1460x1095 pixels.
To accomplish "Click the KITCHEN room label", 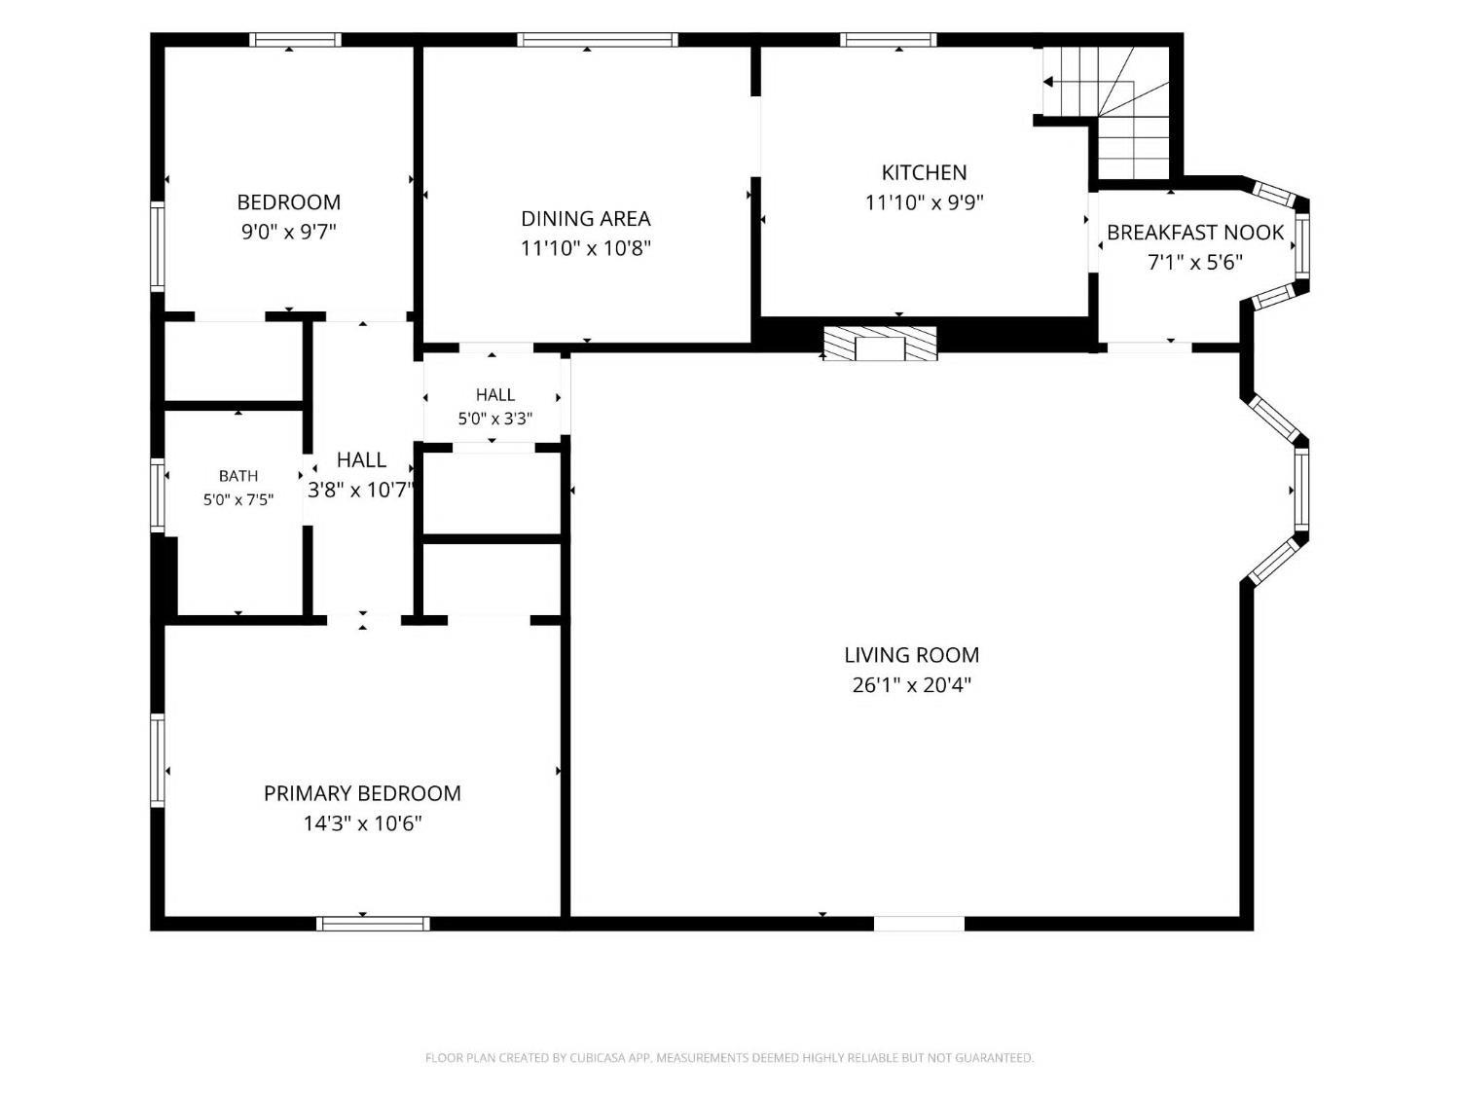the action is point(924,173).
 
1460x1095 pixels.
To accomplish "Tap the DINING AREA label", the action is point(585,219).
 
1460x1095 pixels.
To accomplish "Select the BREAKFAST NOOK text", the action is point(1194,233).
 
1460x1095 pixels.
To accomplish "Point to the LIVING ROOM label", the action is point(911,655).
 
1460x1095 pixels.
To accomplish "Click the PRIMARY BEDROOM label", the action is point(362,793).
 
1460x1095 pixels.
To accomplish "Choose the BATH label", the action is point(238,476).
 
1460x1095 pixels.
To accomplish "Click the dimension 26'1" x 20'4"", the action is point(911,685).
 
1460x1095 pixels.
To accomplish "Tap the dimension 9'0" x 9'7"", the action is point(289,232).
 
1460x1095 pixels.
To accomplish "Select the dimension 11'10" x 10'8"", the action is point(585,248).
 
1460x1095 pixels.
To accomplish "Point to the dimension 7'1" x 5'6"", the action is point(1194,263).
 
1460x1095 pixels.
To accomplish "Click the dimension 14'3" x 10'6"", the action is point(362,823).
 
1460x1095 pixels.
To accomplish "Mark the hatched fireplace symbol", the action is point(880,343).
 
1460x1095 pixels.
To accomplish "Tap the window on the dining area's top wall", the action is point(598,40).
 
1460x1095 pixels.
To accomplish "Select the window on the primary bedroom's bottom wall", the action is point(373,924).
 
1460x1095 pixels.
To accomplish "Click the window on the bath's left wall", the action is point(157,495).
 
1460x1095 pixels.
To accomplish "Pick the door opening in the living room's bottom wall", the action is point(919,924).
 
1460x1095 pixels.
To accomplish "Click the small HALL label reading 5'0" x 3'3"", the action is point(494,407).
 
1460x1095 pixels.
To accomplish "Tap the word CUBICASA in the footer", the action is point(598,1057).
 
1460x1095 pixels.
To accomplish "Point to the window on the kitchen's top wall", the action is point(888,40).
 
